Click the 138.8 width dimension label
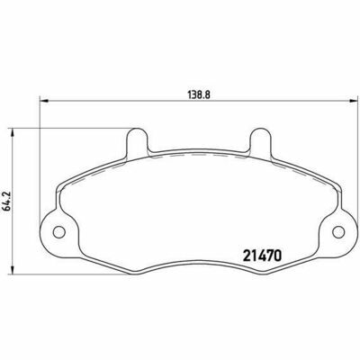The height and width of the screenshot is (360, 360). (x=200, y=94)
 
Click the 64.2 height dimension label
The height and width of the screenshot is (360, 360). (x=6, y=200)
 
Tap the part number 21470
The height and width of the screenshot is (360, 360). (x=262, y=256)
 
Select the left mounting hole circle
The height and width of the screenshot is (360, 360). (x=59, y=231)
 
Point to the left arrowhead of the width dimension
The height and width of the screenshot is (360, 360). (x=44, y=102)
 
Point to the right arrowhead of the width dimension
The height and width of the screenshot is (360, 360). (x=354, y=102)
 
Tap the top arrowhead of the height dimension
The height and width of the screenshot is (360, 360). (x=12, y=133)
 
